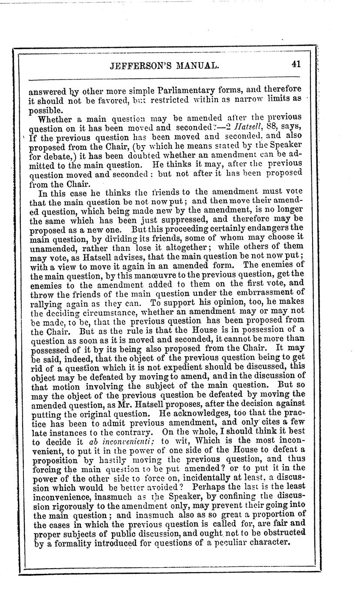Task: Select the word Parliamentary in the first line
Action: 167,90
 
